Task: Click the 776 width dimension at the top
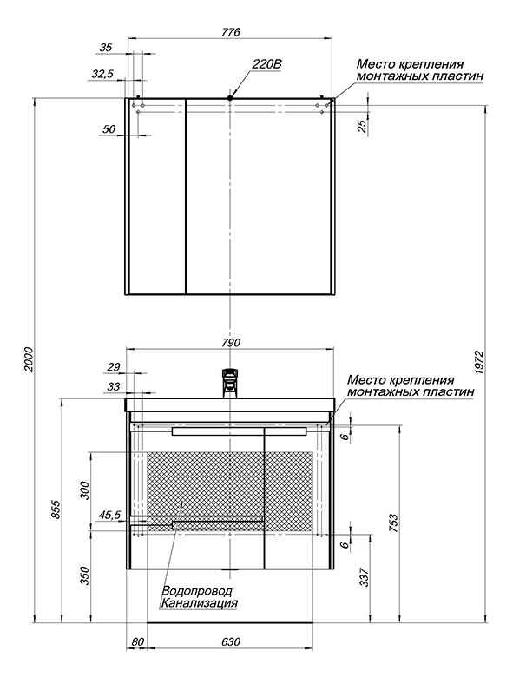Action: point(231,32)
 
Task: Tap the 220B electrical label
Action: point(266,64)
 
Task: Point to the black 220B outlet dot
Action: point(230,98)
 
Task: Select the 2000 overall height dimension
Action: point(29,358)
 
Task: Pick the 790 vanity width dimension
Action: point(231,342)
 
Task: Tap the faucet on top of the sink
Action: point(230,383)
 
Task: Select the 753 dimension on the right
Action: point(393,523)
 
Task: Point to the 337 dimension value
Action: point(365,576)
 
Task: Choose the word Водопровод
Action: point(197,591)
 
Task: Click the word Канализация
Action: point(199,602)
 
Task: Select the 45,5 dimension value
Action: point(109,515)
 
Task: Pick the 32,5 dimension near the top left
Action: point(102,74)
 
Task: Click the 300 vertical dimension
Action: point(85,490)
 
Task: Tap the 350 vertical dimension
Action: point(85,575)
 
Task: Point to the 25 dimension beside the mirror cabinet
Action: point(362,125)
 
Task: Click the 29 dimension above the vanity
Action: point(113,367)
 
